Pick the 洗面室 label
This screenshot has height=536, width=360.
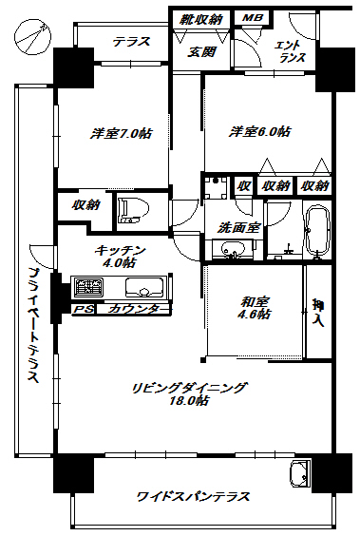pos(234,228)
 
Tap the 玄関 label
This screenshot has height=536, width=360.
pos(200,51)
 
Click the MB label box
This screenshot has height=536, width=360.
pos(252,18)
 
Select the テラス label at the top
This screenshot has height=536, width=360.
pos(132,41)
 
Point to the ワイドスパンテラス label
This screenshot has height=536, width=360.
pos(193,497)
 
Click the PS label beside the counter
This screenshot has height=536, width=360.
pos(84,310)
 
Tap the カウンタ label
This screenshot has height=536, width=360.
pos(133,310)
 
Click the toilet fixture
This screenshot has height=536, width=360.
pos(128,211)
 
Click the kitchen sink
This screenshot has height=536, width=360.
pos(143,288)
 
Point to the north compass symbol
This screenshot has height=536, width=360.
pos(33,37)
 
